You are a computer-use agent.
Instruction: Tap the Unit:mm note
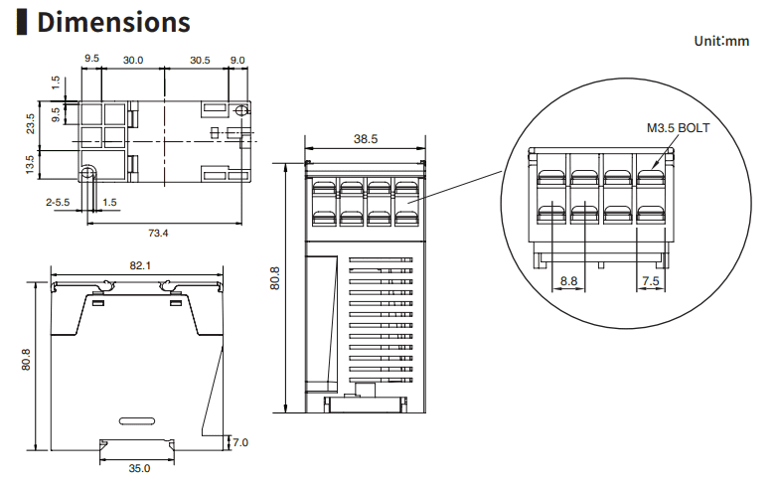pyautogui.click(x=722, y=41)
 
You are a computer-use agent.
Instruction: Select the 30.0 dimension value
pyautogui.click(x=133, y=61)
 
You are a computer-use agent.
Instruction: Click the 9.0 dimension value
pyautogui.click(x=237, y=61)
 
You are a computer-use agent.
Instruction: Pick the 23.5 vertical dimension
pyautogui.click(x=31, y=123)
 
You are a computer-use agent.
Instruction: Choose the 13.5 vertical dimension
pyautogui.click(x=31, y=164)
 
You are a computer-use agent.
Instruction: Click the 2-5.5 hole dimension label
pyautogui.click(x=58, y=203)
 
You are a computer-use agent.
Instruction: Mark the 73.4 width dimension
pyautogui.click(x=158, y=234)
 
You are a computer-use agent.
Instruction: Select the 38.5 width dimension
pyautogui.click(x=366, y=139)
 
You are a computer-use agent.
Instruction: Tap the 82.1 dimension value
pyautogui.click(x=140, y=265)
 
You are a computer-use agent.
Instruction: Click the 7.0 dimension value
pyautogui.click(x=240, y=441)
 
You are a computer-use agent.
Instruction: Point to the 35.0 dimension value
pyautogui.click(x=139, y=468)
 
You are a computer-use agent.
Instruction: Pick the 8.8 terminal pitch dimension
pyautogui.click(x=568, y=281)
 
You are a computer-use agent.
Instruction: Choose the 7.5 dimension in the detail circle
pyautogui.click(x=650, y=281)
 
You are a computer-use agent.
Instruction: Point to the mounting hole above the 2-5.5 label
pyautogui.click(x=88, y=174)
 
